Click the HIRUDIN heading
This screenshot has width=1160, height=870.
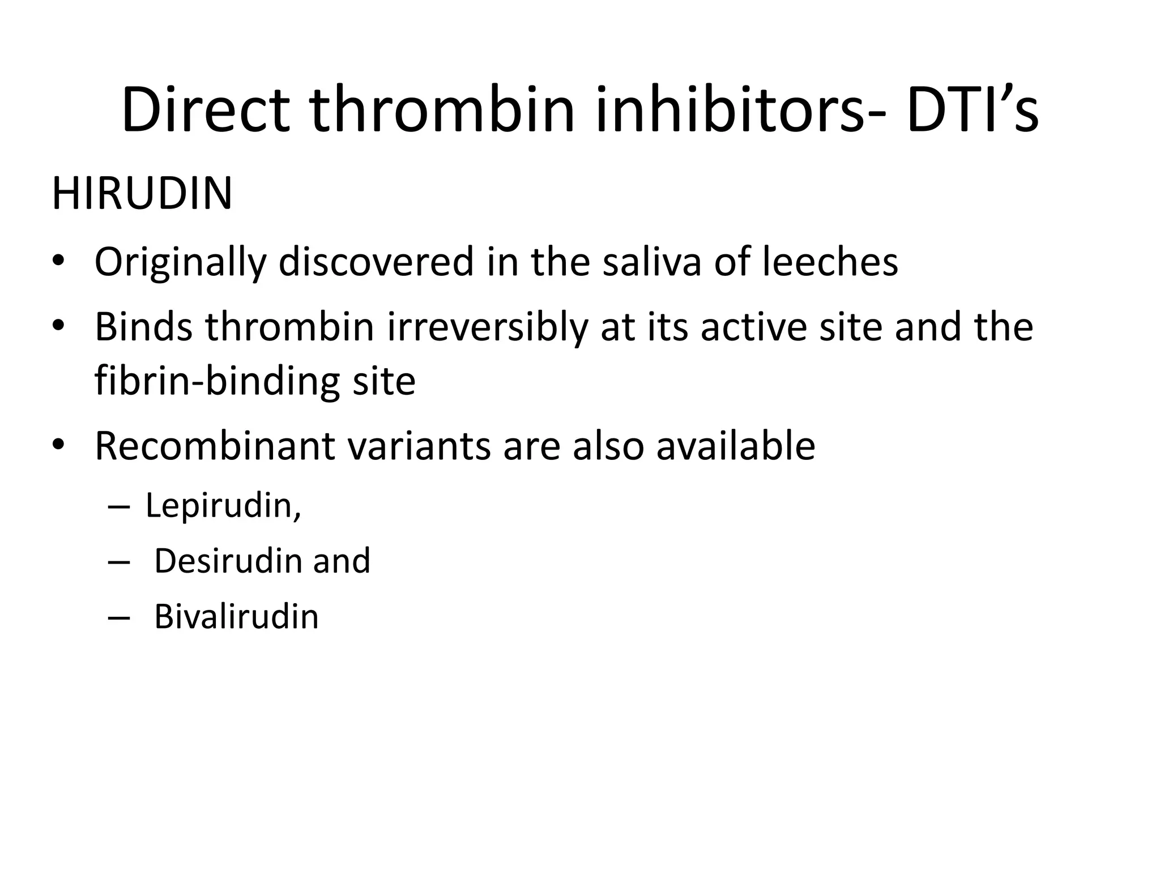(x=142, y=194)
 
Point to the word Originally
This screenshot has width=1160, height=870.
(x=180, y=262)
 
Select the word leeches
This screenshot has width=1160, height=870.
(x=830, y=262)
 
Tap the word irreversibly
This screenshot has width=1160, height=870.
(x=487, y=327)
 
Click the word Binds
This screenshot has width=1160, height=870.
(x=143, y=327)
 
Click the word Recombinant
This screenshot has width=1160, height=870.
(x=215, y=446)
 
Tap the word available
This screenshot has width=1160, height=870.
(x=735, y=446)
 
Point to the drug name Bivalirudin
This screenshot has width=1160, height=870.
(x=236, y=616)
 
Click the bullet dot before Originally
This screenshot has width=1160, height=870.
(x=58, y=262)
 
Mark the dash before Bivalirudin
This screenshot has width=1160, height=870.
(x=118, y=617)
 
